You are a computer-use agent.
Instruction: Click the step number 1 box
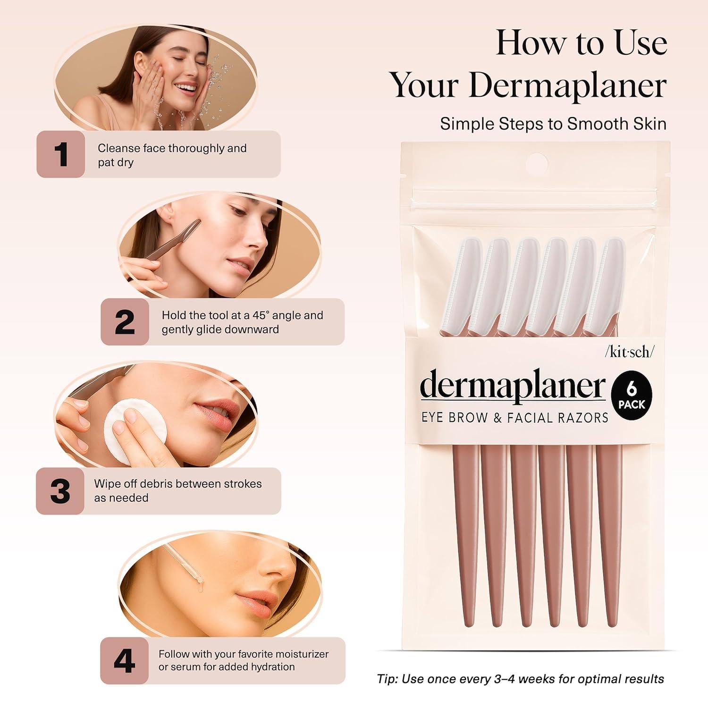[61, 154]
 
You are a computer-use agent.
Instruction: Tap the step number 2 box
[125, 322]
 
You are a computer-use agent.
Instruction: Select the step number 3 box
[60, 491]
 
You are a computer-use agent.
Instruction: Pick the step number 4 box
[124, 661]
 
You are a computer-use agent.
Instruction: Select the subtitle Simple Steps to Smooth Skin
[553, 124]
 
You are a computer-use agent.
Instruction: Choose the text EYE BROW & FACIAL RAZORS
[514, 418]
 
